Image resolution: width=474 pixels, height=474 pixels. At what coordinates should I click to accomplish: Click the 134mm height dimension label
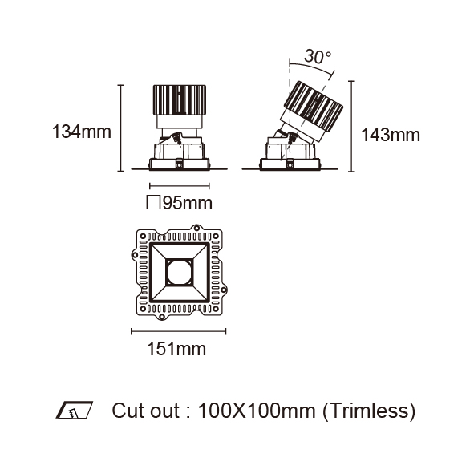point(82,132)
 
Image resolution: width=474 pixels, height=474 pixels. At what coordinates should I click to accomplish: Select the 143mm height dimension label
point(391,135)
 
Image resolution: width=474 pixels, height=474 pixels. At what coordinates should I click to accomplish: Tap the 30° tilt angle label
point(318,56)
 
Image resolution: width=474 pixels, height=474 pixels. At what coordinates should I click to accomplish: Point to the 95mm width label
point(188,203)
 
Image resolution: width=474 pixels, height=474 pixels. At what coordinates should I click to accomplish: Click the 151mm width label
point(176,349)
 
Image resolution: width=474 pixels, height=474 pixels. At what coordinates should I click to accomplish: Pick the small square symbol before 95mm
point(153,202)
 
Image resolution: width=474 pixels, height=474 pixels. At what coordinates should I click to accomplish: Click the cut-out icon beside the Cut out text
point(75,410)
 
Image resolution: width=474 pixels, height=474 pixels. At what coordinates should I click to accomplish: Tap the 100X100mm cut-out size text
point(257,411)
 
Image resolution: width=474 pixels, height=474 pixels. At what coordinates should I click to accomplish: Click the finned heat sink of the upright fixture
point(180,100)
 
